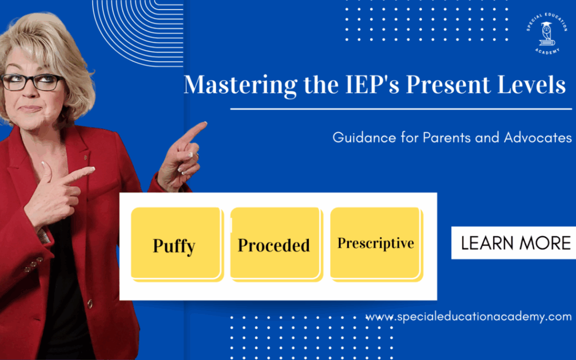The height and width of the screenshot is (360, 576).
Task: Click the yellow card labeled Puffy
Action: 177,244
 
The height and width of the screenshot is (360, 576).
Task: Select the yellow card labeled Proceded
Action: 276,244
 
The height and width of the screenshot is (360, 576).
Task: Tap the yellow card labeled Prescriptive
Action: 376,244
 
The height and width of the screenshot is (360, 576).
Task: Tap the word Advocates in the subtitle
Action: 538,137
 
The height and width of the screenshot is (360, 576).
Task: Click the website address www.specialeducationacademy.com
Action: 469,317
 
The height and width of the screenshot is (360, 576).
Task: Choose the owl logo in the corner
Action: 547,34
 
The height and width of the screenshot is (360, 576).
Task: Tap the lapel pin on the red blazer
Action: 85,158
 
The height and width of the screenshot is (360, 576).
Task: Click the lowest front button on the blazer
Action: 89,303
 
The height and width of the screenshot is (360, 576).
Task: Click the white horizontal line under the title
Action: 401,109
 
